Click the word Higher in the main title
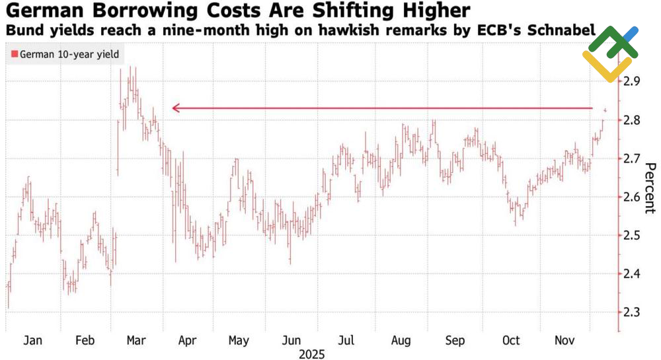coord(430,11)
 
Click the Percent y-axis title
coord(649,188)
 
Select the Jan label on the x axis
coord(32,340)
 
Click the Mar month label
coord(136,340)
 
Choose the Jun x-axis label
coord(291,340)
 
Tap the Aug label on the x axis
coord(401,340)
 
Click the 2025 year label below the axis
coord(311,355)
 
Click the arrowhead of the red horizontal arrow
coord(175,108)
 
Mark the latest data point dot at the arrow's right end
coord(605,110)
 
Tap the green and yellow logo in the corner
coord(609,53)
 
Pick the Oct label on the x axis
coord(510,340)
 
